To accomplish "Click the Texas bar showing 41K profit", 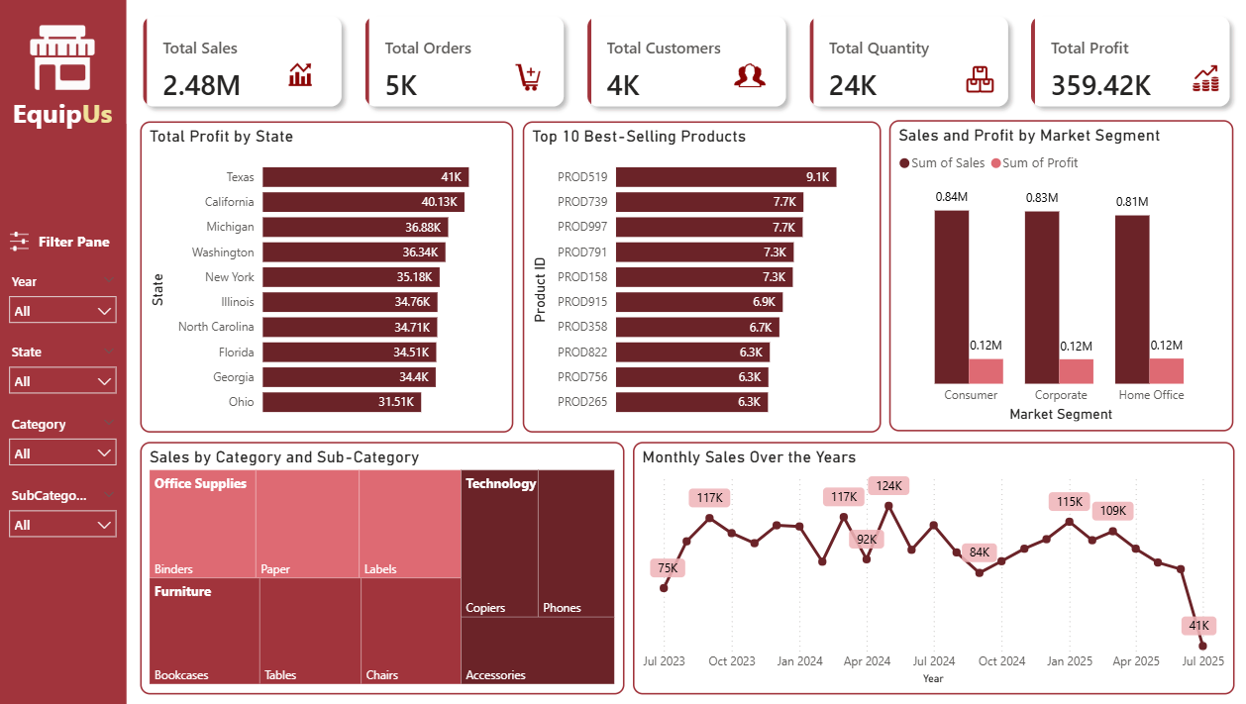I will tap(364, 177).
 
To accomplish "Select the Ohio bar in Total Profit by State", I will tap(342, 402).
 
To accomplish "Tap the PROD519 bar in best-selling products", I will tap(725, 177).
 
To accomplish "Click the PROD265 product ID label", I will tap(581, 402).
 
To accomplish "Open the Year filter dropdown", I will tap(62, 311).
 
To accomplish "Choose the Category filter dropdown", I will tap(62, 453).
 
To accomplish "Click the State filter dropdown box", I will tap(62, 381).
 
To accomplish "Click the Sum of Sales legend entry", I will tap(942, 163).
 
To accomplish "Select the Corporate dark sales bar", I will tap(1041, 297).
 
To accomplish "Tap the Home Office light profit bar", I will tap(1166, 371).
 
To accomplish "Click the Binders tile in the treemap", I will tap(202, 525).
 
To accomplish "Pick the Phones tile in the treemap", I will tap(576, 545).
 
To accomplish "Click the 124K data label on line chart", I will tap(888, 485).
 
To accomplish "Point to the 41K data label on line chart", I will tap(1198, 626).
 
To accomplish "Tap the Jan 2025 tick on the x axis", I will tap(1070, 661).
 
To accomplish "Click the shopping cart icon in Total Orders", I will tap(528, 76).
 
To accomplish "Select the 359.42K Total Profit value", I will tap(1100, 86).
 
